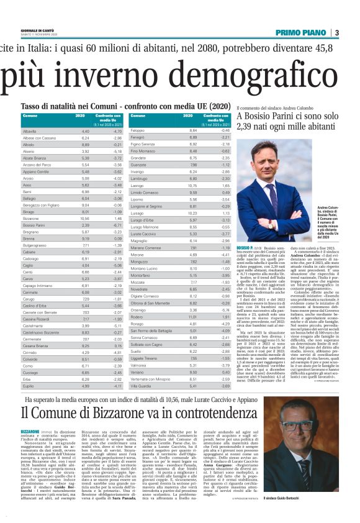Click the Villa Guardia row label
tap(145, 385)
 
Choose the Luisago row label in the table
tap(140, 212)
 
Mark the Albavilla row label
tap(30, 132)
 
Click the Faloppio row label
tap(140, 131)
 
